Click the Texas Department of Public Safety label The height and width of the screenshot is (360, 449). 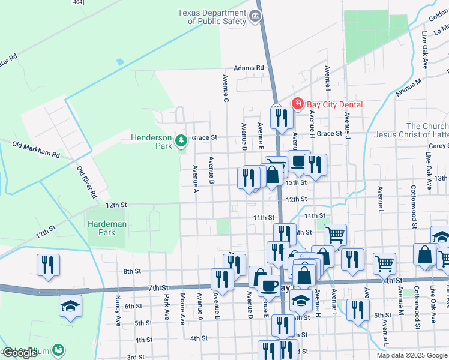[x=212, y=17]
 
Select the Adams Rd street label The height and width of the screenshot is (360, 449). [x=249, y=68]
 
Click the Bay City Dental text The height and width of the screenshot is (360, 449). [x=334, y=104]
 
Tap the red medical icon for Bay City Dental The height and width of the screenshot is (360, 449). [x=297, y=104]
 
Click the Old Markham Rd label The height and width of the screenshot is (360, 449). [x=37, y=150]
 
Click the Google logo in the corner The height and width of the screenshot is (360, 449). [x=20, y=353]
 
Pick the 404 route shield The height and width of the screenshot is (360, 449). [x=77, y=2]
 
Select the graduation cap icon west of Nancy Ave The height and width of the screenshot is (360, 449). [x=70, y=306]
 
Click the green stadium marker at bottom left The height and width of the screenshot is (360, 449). [x=58, y=349]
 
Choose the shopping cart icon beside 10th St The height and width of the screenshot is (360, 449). [x=335, y=235]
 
